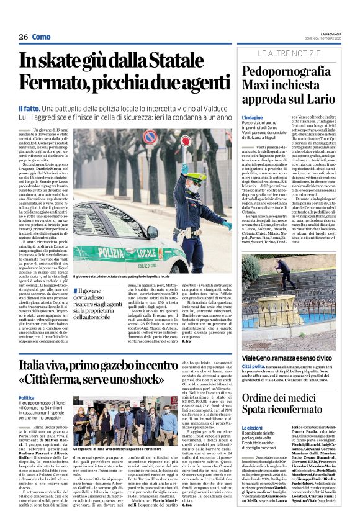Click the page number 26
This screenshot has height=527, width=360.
pyautogui.click(x=24, y=37)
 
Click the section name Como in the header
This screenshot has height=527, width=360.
pyautogui.click(x=41, y=37)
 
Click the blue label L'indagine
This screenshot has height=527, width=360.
pyautogui.click(x=253, y=117)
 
